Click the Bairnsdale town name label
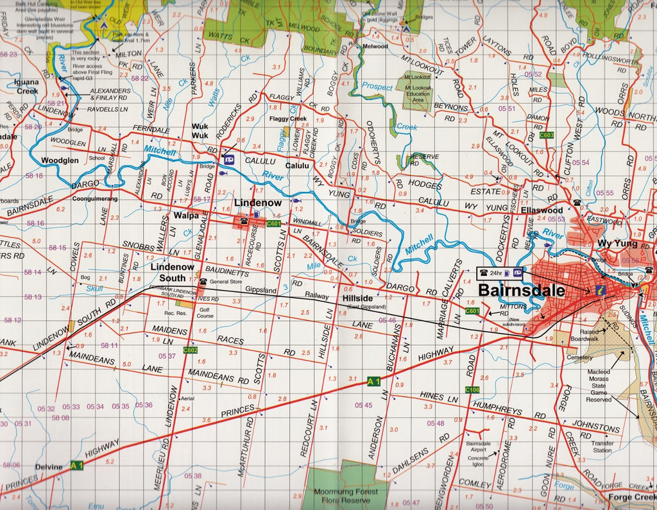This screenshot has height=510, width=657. tap(522, 290)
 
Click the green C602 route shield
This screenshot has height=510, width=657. tap(190, 350)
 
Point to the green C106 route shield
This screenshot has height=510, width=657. tap(472, 389)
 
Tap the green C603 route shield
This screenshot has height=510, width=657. tap(547, 135)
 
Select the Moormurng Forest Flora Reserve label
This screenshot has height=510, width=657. tap(346, 496)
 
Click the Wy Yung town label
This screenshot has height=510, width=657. tap(617, 244)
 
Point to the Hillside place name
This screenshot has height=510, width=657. tap(357, 299)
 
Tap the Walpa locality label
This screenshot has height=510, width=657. tap(185, 216)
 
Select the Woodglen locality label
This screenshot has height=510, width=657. tap(60, 160)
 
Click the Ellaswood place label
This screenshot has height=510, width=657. tap(542, 210)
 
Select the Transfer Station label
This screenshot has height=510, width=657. tap(602, 446)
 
